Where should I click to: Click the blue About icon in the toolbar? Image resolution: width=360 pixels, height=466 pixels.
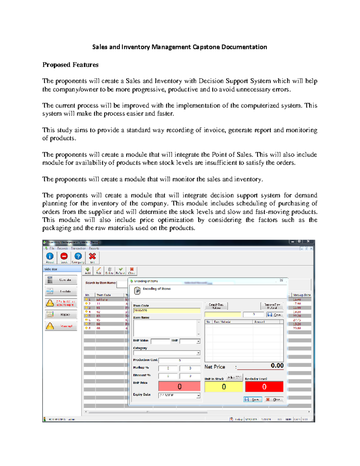(x=50, y=257)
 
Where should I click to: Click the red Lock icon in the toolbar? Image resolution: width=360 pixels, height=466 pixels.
(x=64, y=257)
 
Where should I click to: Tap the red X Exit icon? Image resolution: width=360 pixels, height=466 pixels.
(x=92, y=257)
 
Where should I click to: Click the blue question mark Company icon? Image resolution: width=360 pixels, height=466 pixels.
(x=78, y=257)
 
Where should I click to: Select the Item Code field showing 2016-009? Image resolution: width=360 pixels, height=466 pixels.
(x=166, y=311)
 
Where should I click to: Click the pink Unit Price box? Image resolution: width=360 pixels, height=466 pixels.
(x=179, y=386)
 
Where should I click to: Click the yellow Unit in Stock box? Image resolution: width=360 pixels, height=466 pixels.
(x=223, y=387)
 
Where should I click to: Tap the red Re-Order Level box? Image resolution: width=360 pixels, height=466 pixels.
(x=264, y=387)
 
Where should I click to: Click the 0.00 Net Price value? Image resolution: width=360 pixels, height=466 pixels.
(x=277, y=365)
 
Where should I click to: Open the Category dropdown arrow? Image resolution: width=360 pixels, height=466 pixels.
(x=198, y=353)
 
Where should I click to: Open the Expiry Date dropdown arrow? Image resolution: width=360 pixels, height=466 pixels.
(x=198, y=396)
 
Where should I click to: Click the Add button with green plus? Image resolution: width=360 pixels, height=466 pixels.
(x=88, y=271)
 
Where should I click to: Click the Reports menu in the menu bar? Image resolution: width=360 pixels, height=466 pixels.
(x=94, y=248)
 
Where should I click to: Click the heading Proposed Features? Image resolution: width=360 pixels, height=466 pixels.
(x=70, y=65)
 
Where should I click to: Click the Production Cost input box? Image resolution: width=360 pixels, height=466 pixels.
(x=179, y=360)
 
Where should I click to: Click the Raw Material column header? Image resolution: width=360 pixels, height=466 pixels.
(x=222, y=322)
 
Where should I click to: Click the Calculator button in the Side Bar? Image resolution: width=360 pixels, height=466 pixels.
(x=61, y=280)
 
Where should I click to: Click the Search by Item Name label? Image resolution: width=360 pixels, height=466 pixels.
(x=100, y=283)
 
